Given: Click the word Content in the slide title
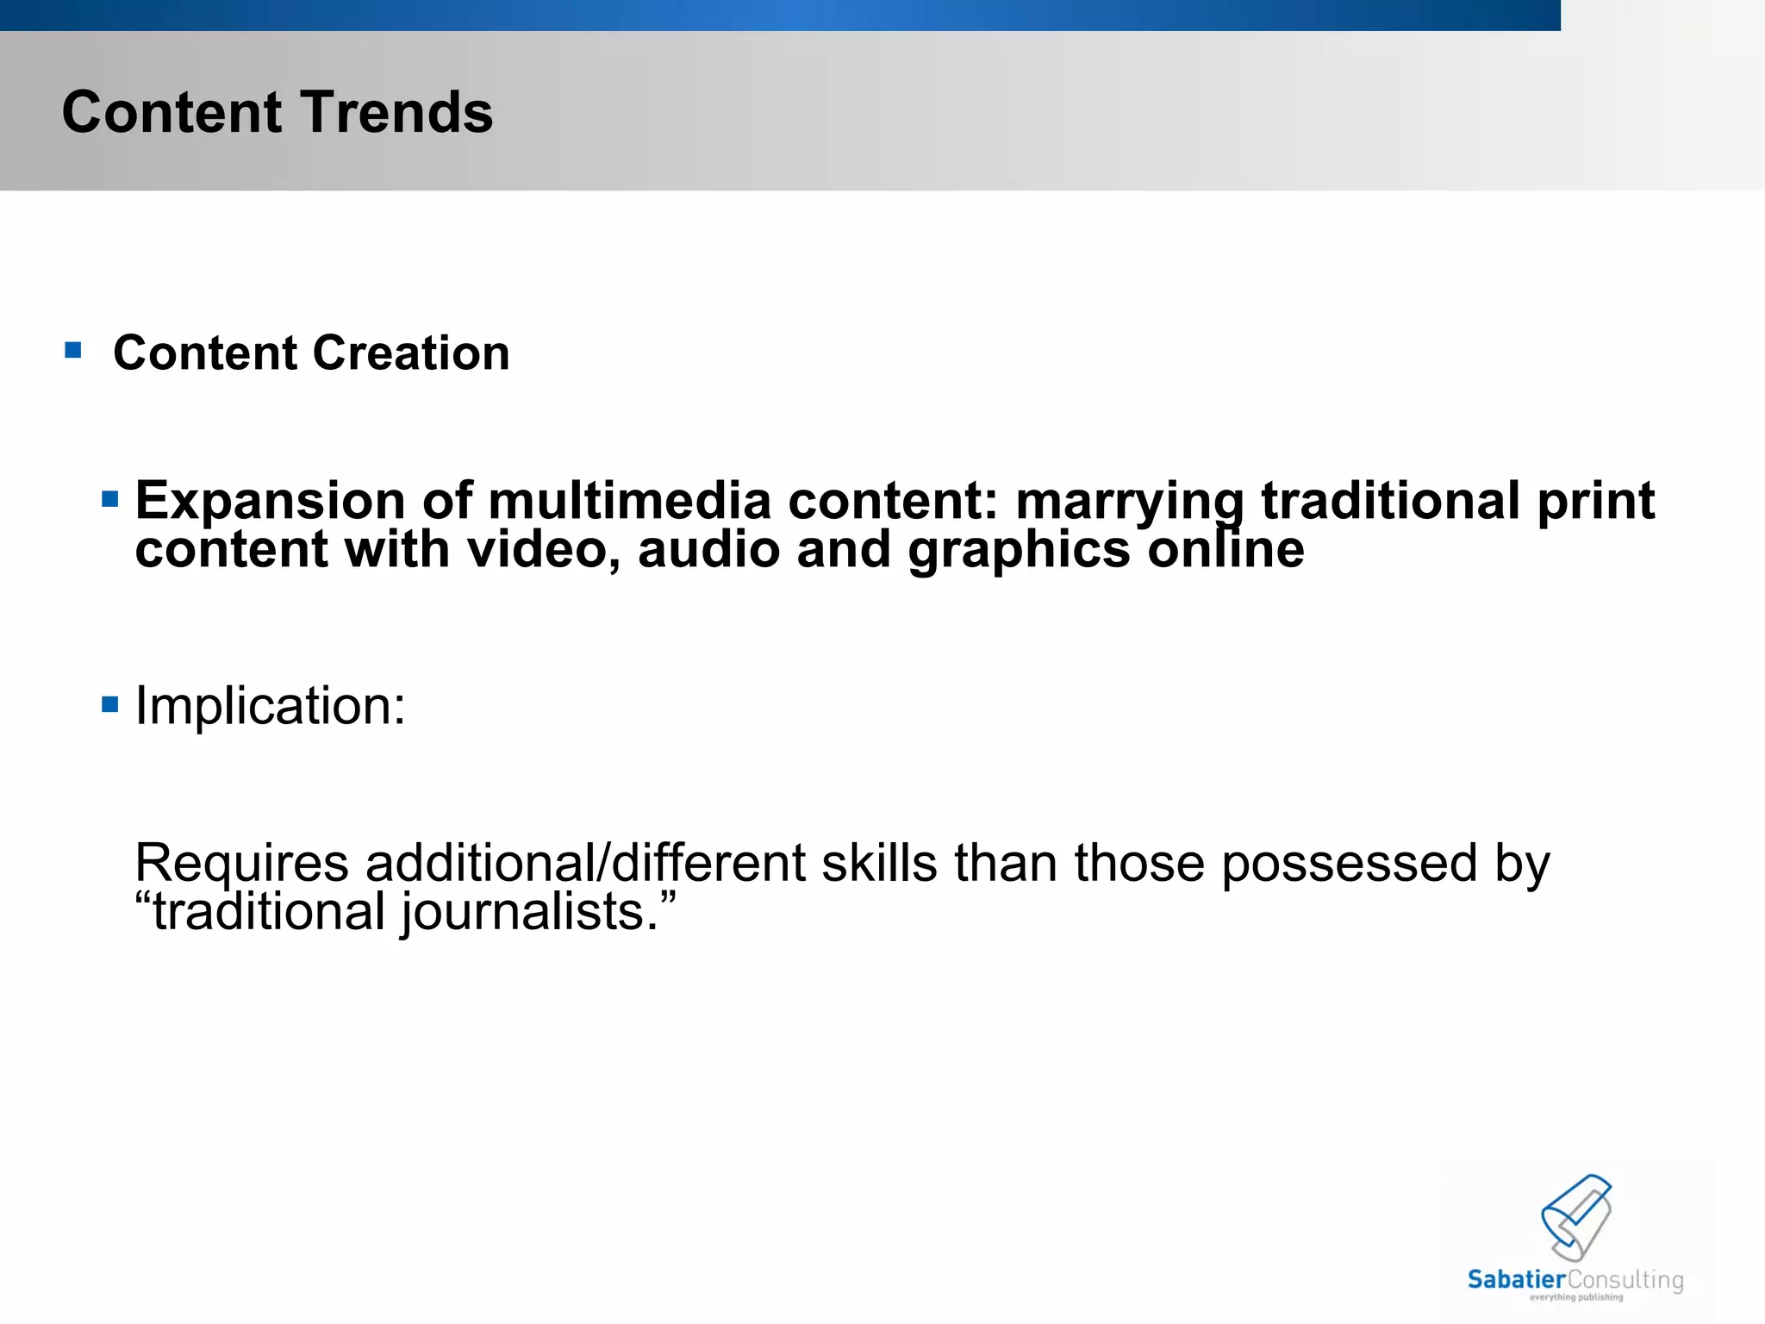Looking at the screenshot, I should click(x=172, y=112).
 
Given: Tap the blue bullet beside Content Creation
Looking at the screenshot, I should click(x=73, y=350).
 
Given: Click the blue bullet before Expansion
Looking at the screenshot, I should click(x=109, y=499).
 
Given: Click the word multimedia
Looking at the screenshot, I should click(x=628, y=501).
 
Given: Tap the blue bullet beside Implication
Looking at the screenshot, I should click(x=109, y=704).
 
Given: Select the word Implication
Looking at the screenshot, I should click(x=269, y=707).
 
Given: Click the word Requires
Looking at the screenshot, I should click(x=241, y=864).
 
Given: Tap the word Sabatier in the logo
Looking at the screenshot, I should click(x=1516, y=1279).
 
